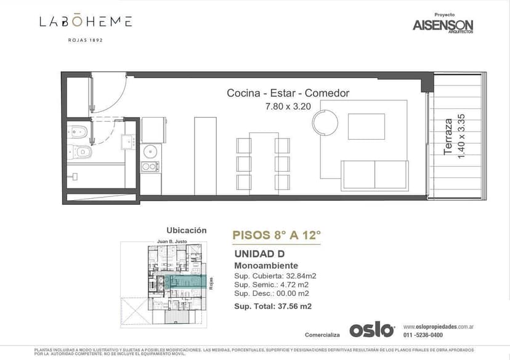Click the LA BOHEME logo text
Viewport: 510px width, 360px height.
point(86,22)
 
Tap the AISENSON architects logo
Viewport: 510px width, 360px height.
point(443,25)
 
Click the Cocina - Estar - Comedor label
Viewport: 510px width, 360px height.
point(288,94)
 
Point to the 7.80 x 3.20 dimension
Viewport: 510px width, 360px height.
point(288,106)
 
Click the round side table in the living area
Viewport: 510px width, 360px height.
point(325,122)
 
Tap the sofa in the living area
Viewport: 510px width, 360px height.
point(374,175)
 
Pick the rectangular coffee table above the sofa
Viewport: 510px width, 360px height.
point(366,126)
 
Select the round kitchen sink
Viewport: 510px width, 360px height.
point(150,151)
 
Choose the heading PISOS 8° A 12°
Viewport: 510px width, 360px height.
point(277,234)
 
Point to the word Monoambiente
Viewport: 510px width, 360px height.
point(266,265)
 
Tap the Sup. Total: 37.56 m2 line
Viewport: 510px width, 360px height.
point(273,306)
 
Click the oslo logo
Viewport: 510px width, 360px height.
point(371,330)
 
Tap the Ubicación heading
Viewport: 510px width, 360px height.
point(187,230)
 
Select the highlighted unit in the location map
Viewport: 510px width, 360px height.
point(188,281)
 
